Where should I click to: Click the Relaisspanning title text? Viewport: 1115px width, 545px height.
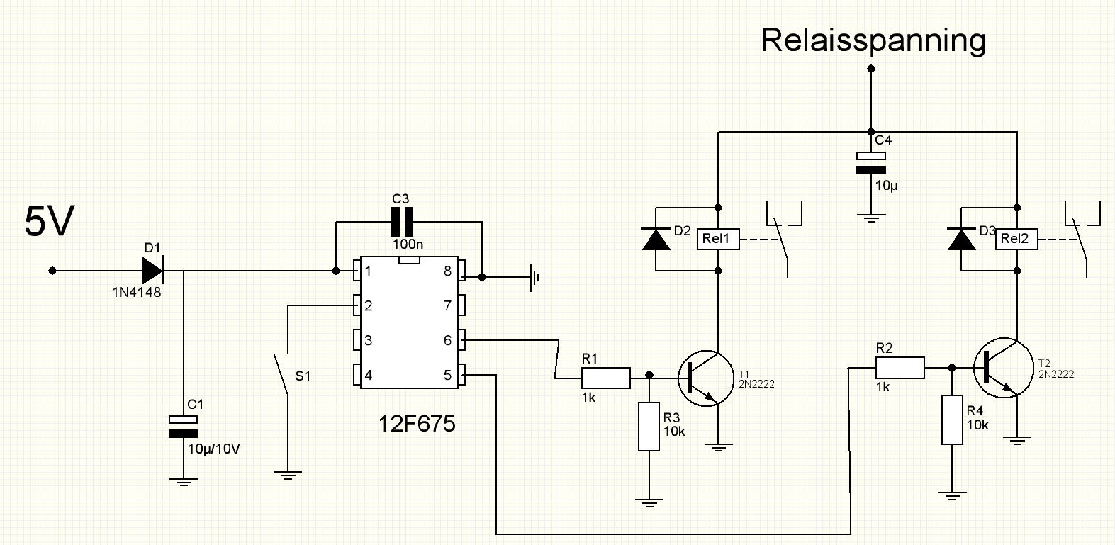click(873, 41)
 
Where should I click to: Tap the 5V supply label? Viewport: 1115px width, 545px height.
click(50, 221)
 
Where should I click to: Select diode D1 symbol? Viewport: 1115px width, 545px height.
click(153, 271)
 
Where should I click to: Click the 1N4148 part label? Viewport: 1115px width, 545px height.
click(136, 292)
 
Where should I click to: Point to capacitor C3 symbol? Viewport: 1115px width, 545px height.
click(402, 222)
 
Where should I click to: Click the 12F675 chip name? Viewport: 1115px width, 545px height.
click(417, 424)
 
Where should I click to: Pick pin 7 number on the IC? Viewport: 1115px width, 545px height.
click(447, 305)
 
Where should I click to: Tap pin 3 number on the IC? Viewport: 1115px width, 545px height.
click(368, 340)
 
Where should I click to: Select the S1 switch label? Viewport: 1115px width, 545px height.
click(303, 376)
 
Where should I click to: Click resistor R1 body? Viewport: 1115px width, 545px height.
click(606, 378)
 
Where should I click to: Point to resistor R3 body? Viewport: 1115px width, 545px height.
click(649, 427)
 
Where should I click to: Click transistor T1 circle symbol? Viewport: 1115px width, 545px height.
click(706, 378)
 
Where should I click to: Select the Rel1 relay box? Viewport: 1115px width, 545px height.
click(718, 239)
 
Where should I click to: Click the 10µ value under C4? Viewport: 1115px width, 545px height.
click(887, 186)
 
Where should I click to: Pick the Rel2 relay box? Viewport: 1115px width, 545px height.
click(1016, 239)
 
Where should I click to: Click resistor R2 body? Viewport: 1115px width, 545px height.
click(900, 368)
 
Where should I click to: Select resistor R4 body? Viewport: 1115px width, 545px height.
click(952, 420)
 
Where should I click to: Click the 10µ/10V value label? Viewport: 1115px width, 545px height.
click(213, 449)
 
